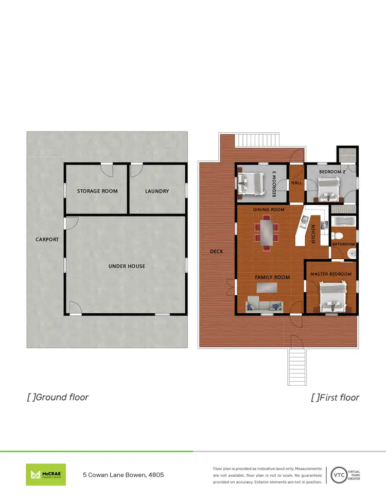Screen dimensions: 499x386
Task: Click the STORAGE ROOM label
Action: (x=97, y=191)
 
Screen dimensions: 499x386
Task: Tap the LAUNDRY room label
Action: (x=157, y=191)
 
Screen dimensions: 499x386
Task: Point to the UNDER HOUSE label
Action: (x=127, y=266)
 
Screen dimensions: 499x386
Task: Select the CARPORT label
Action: (x=47, y=240)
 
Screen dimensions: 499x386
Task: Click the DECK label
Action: (x=217, y=252)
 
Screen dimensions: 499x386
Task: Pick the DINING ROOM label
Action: (x=269, y=210)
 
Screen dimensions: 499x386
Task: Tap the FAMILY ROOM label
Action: (x=272, y=277)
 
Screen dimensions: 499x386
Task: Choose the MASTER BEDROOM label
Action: (x=331, y=274)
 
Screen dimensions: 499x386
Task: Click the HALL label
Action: (x=296, y=182)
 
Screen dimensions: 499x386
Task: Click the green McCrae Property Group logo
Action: (x=46, y=474)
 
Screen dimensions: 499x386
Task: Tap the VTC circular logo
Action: (x=338, y=474)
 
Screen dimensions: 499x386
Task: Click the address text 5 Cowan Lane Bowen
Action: (x=124, y=475)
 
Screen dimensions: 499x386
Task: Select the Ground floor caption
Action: (x=58, y=397)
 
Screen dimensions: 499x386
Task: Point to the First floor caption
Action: (x=335, y=397)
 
